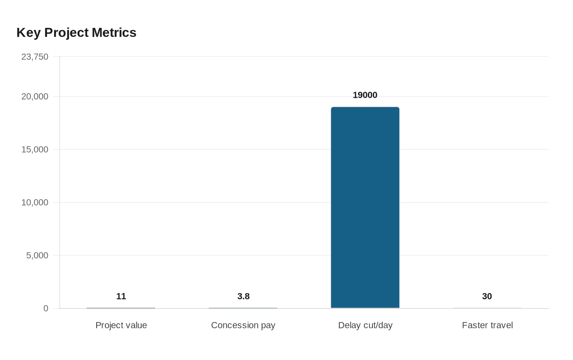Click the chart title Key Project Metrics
coord(76,33)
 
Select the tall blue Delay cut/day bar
coord(365,207)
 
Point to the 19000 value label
coord(365,95)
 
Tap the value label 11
coord(121,297)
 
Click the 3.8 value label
coord(244,297)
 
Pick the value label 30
coord(487,297)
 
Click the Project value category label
coord(121,325)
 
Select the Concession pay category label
coord(243,325)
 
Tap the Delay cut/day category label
coord(365,325)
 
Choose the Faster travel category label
coord(487,325)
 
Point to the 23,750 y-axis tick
coord(35,57)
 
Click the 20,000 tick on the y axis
coord(35,97)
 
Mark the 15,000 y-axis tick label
coord(35,150)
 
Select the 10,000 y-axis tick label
coord(35,202)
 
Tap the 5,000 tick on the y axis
coord(37,256)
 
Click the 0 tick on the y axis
coord(46,308)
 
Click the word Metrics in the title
coord(114,33)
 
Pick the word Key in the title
coord(28,33)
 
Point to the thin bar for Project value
coord(121,308)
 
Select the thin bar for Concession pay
coord(243,308)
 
